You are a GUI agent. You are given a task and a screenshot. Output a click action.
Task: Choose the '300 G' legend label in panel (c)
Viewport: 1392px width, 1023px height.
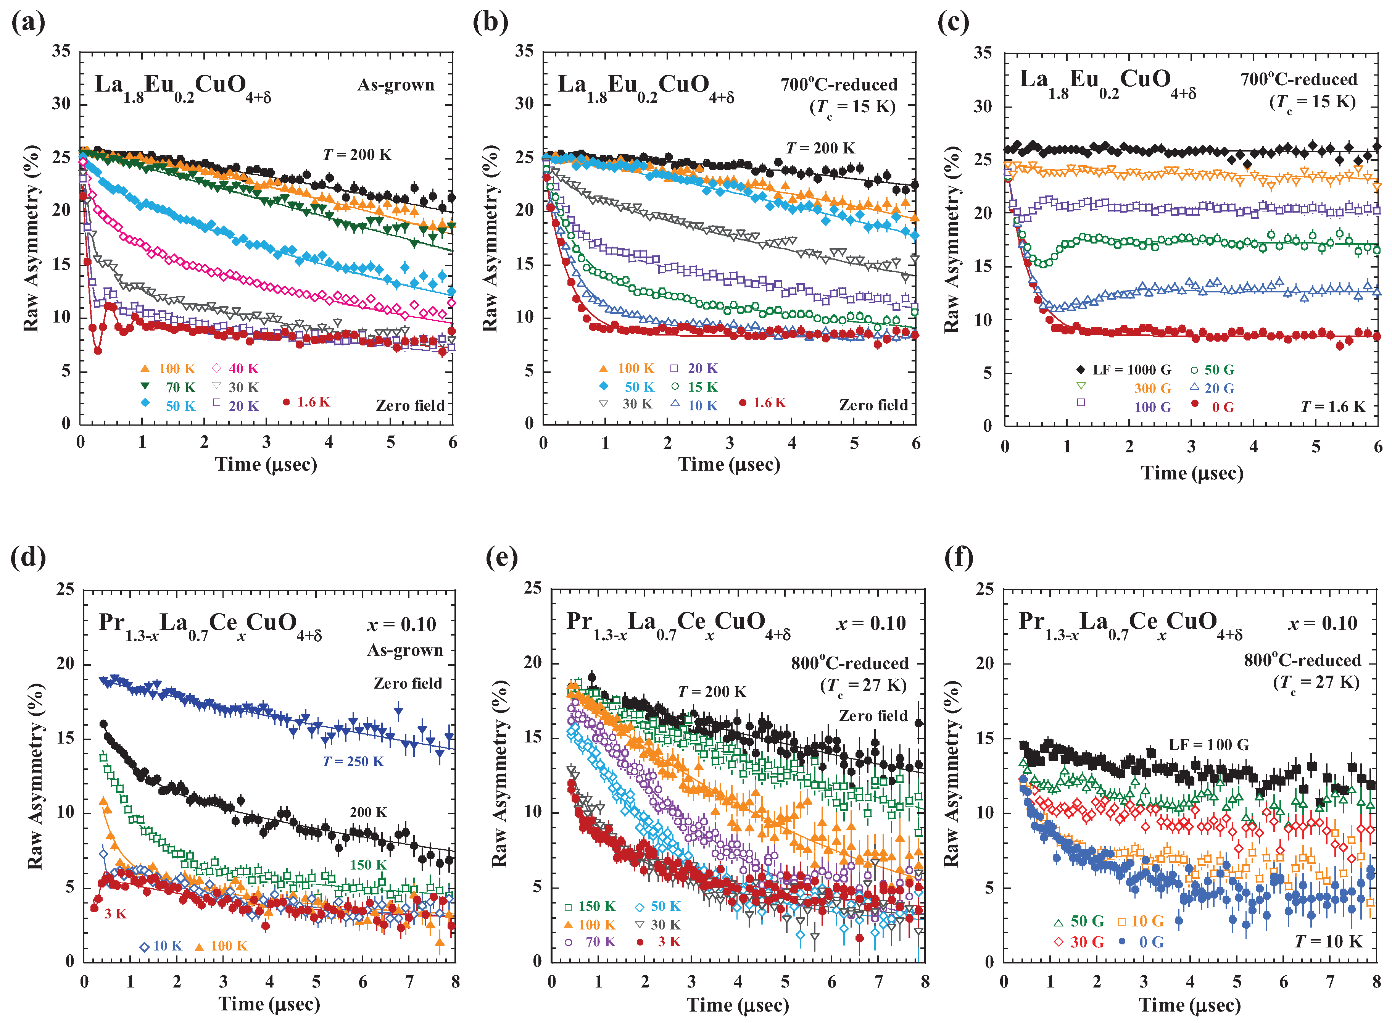(1152, 388)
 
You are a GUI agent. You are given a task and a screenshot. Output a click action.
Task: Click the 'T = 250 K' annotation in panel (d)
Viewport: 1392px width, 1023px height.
(353, 761)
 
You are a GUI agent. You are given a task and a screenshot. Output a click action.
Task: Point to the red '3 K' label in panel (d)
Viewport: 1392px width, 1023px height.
(115, 913)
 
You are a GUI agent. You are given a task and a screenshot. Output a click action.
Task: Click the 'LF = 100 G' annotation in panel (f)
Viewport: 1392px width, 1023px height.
(1208, 744)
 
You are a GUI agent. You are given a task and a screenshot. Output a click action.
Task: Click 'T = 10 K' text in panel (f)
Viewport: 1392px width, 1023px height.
(1329, 942)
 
